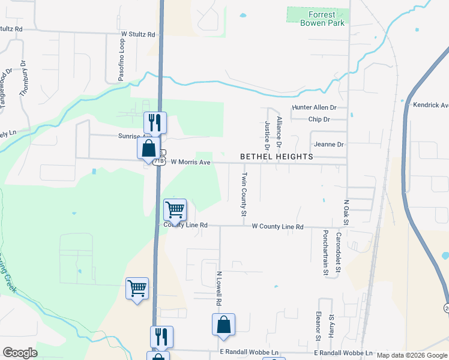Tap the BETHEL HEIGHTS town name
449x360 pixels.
[x=277, y=157]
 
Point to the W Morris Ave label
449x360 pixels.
[x=190, y=162]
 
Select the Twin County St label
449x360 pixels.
[x=244, y=194]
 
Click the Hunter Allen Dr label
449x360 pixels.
[x=315, y=107]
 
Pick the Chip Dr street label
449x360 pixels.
[x=319, y=119]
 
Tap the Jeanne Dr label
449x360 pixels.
[x=328, y=145]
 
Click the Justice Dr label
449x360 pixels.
[x=267, y=135]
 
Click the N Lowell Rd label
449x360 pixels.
[x=219, y=288]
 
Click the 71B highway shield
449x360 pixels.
[x=159, y=161]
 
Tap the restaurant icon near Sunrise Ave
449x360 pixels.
[x=155, y=122]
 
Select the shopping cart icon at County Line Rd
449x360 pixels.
[x=175, y=210]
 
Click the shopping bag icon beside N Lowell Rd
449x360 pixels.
[x=223, y=325]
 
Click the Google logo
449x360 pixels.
[x=20, y=353]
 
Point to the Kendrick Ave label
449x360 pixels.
[x=430, y=105]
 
